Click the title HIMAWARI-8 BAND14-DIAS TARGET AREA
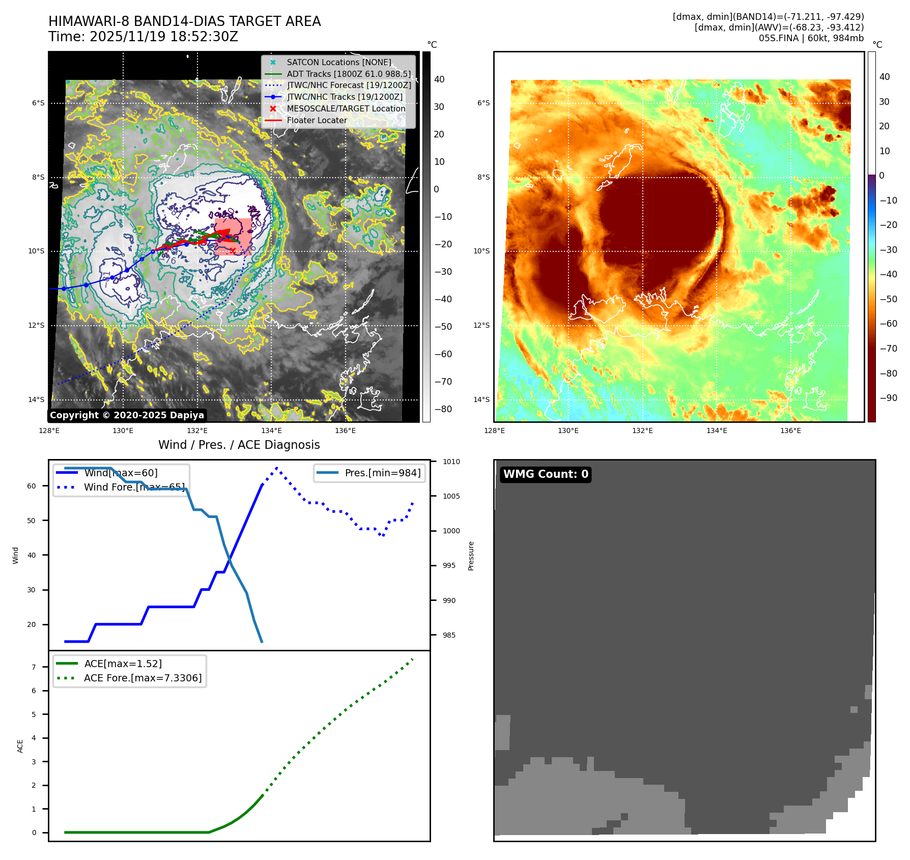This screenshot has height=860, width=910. coord(184,21)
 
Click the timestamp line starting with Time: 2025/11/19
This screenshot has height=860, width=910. coord(143,37)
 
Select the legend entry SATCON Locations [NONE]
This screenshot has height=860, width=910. coord(338,62)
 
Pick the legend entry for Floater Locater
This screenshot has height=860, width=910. coord(317,120)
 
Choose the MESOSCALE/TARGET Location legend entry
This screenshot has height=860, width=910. coord(346,108)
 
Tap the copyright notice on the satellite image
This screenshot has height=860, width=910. coord(127,415)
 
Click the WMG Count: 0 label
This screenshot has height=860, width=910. coord(546,474)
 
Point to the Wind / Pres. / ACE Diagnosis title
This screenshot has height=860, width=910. coord(239,445)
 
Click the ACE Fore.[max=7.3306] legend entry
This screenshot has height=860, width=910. coord(143,678)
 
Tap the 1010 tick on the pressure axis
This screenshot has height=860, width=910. coord(451,462)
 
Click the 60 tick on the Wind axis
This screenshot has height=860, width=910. coord(32,486)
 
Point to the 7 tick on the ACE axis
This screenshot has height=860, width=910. coord(34,667)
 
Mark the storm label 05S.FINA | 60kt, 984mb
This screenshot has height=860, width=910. coord(811,38)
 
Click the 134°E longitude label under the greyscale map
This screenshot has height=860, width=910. coord(272,431)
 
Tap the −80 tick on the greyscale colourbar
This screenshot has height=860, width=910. coord(443,409)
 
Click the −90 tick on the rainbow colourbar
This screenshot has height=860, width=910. coord(888,398)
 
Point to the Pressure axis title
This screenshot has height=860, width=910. coord(471,556)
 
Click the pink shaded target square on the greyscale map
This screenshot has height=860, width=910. coord(233,237)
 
